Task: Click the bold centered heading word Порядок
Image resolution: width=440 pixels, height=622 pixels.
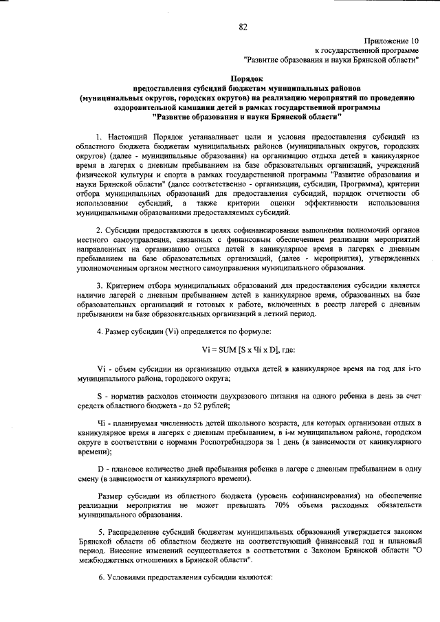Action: tap(247, 80)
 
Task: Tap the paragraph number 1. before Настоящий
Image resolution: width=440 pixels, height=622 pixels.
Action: tap(100, 137)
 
